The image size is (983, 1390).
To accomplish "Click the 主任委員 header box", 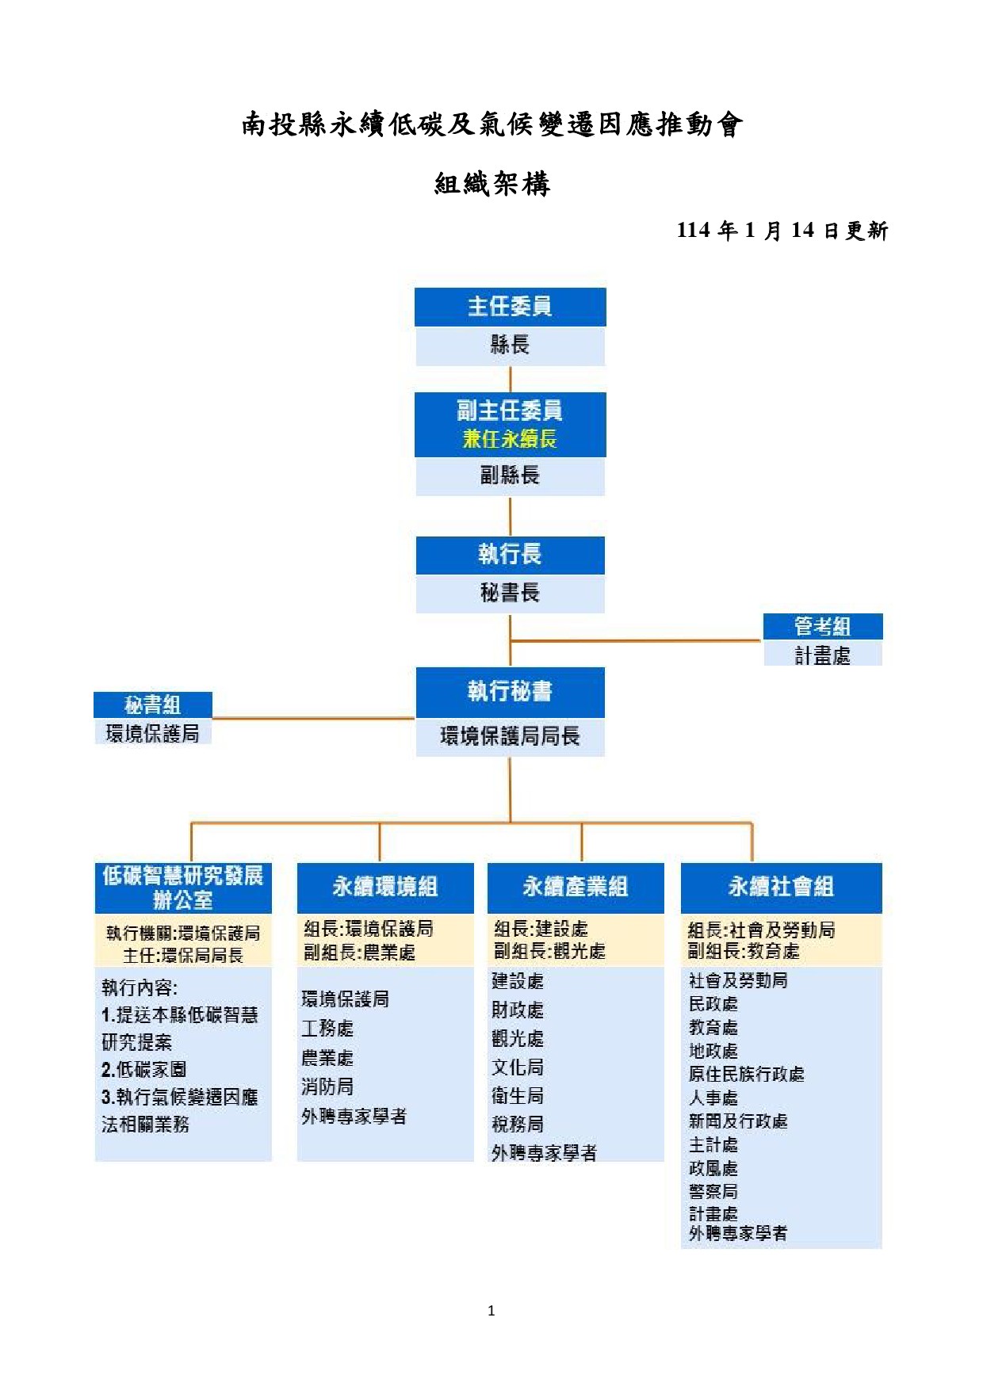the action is click(x=510, y=307).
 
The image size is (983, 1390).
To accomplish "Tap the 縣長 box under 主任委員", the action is click(x=510, y=346).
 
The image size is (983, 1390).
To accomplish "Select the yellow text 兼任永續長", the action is click(x=510, y=439).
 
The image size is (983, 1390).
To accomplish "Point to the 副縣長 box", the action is click(x=510, y=476).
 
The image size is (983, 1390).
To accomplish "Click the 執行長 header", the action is click(x=510, y=555).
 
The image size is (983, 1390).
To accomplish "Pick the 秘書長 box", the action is click(x=510, y=593).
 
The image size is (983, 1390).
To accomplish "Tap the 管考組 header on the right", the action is click(x=823, y=626).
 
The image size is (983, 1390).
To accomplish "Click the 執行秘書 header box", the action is click(x=510, y=692).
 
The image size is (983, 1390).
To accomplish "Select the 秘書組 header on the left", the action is click(x=153, y=705).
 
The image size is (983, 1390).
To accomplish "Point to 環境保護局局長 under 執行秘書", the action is click(x=510, y=736).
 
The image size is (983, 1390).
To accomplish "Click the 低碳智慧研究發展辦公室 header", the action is click(x=183, y=888).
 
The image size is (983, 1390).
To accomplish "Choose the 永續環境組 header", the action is click(x=385, y=888).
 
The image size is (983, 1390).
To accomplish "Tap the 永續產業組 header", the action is click(x=576, y=888).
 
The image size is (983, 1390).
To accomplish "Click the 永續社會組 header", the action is click(x=781, y=888).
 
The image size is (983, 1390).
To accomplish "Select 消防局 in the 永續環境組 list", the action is click(x=327, y=1087).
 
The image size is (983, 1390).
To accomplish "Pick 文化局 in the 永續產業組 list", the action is click(x=518, y=1067).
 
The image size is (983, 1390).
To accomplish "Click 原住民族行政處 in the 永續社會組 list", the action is click(x=746, y=1075).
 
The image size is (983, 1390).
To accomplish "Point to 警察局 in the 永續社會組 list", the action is click(x=713, y=1191).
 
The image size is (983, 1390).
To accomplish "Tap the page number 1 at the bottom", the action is click(x=491, y=1311).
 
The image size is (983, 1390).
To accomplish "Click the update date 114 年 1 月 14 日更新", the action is click(x=782, y=231).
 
